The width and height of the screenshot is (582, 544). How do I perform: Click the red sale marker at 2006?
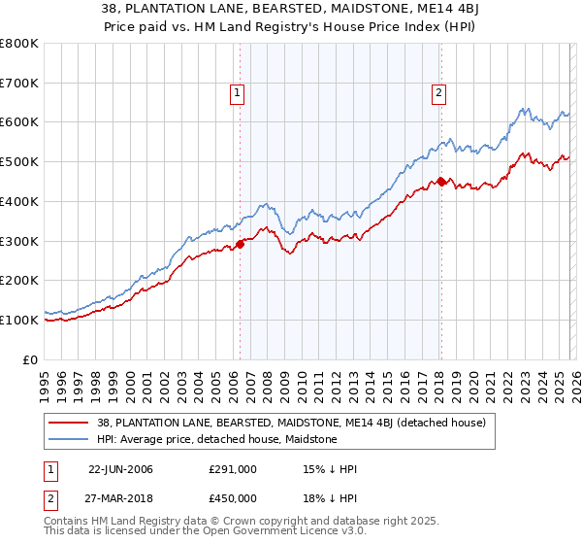(241, 245)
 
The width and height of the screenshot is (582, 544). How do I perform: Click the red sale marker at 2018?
(441, 181)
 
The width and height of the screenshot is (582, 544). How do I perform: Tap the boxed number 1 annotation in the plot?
(238, 93)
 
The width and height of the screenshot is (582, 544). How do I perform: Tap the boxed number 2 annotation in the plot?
(438, 93)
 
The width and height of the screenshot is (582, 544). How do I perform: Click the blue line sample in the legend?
(70, 439)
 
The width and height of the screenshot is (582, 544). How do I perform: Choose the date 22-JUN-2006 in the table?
(120, 469)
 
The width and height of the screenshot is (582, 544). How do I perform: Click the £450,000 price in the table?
(233, 498)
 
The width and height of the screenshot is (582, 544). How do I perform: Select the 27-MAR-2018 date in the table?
(120, 498)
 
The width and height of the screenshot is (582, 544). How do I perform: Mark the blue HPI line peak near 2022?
(523, 109)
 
